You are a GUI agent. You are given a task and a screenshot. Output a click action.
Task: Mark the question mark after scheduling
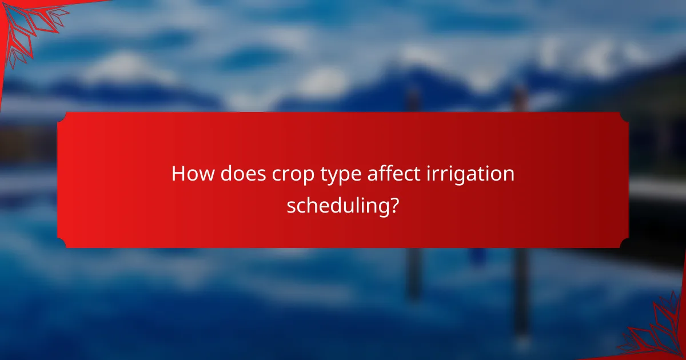tap(393, 204)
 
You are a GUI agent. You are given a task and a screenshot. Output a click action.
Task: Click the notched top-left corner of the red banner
tap(61, 116)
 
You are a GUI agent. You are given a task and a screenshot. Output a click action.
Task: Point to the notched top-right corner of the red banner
tap(624, 116)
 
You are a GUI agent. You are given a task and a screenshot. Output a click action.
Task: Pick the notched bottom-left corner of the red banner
tap(61, 244)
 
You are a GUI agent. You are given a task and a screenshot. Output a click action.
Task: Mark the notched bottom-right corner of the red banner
tap(624, 244)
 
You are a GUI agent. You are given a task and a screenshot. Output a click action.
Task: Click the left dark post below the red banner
tap(413, 274)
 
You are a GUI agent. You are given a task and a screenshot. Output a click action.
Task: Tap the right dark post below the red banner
tap(520, 286)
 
